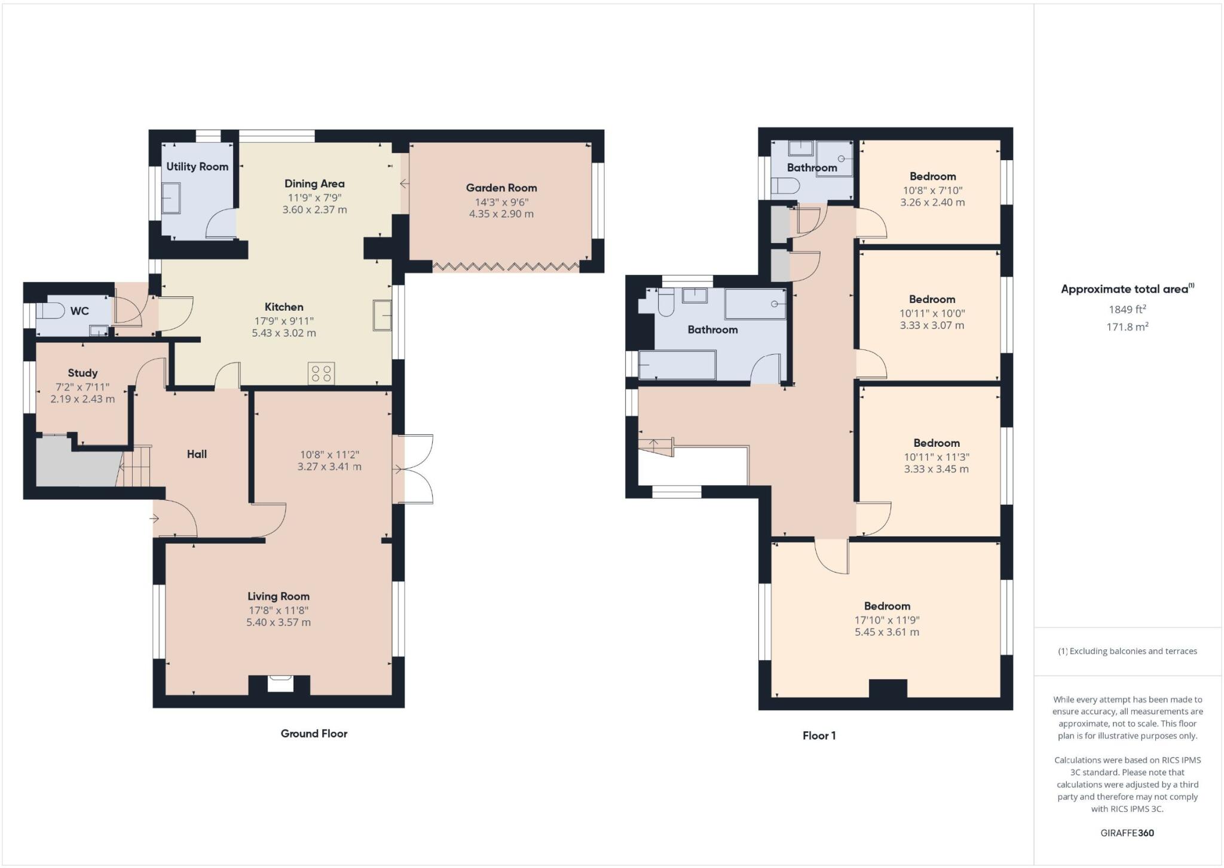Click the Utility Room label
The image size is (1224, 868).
[197, 167]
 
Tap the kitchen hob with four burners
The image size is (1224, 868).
[321, 374]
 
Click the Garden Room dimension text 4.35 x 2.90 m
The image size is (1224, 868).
[501, 214]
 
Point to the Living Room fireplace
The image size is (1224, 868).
[280, 684]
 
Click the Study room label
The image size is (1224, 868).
[82, 373]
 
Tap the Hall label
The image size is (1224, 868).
[197, 454]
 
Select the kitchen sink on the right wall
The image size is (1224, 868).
[382, 315]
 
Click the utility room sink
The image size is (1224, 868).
[170, 198]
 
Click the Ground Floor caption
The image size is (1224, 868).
[314, 734]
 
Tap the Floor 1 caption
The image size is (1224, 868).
[819, 735]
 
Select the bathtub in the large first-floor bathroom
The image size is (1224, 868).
[677, 365]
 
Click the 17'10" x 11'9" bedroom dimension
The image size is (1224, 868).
[887, 620]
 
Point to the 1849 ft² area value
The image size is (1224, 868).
[1127, 309]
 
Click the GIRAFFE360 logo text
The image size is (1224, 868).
[1127, 833]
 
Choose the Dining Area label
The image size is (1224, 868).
[314, 183]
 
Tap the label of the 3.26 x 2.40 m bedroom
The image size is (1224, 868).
[932, 176]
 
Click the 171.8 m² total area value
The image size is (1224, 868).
[1127, 327]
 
